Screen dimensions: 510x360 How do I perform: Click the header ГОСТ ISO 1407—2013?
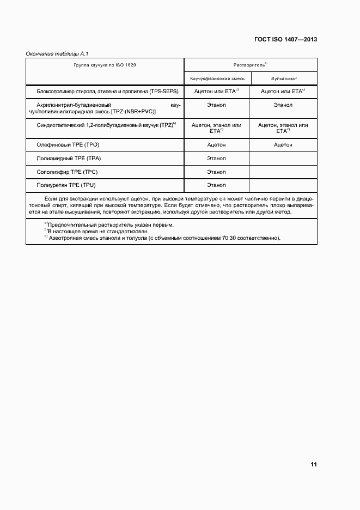285,40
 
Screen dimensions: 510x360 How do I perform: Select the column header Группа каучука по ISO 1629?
105,65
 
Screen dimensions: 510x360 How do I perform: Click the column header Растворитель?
250,65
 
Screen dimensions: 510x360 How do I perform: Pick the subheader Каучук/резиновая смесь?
217,79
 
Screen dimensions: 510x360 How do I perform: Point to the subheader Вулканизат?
283,79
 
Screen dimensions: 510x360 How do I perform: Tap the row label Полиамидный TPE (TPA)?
69,159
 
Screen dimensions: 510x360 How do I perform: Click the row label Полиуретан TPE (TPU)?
69,186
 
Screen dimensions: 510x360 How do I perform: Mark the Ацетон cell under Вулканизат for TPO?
283,145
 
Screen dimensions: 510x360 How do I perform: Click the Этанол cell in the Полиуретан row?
217,186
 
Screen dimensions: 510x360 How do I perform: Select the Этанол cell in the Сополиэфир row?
217,172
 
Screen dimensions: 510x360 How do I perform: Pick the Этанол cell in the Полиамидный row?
217,159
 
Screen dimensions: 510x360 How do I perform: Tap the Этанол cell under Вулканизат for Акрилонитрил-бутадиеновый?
283,105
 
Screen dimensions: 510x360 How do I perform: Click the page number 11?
313,465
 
